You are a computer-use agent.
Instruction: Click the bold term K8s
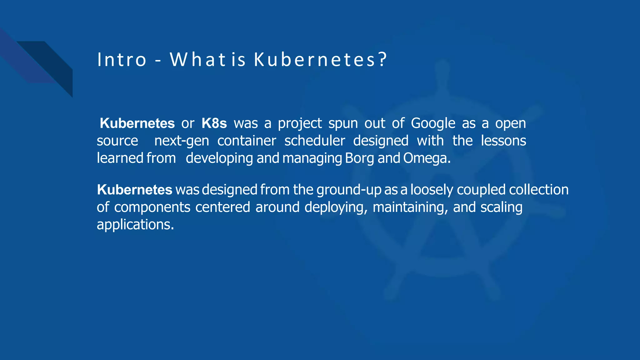click(214, 123)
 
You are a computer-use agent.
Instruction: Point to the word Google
click(433, 123)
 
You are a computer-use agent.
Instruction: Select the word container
click(247, 141)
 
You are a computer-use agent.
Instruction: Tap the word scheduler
click(315, 141)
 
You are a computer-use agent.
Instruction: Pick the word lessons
click(503, 141)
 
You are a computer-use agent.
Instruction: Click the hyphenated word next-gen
click(182, 141)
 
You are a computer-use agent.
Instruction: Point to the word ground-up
click(349, 190)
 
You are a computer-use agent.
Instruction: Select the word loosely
click(432, 190)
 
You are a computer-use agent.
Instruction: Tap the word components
click(152, 207)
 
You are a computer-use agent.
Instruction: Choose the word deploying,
click(336, 207)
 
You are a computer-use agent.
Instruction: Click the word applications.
click(135, 224)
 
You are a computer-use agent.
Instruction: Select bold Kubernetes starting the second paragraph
click(134, 190)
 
